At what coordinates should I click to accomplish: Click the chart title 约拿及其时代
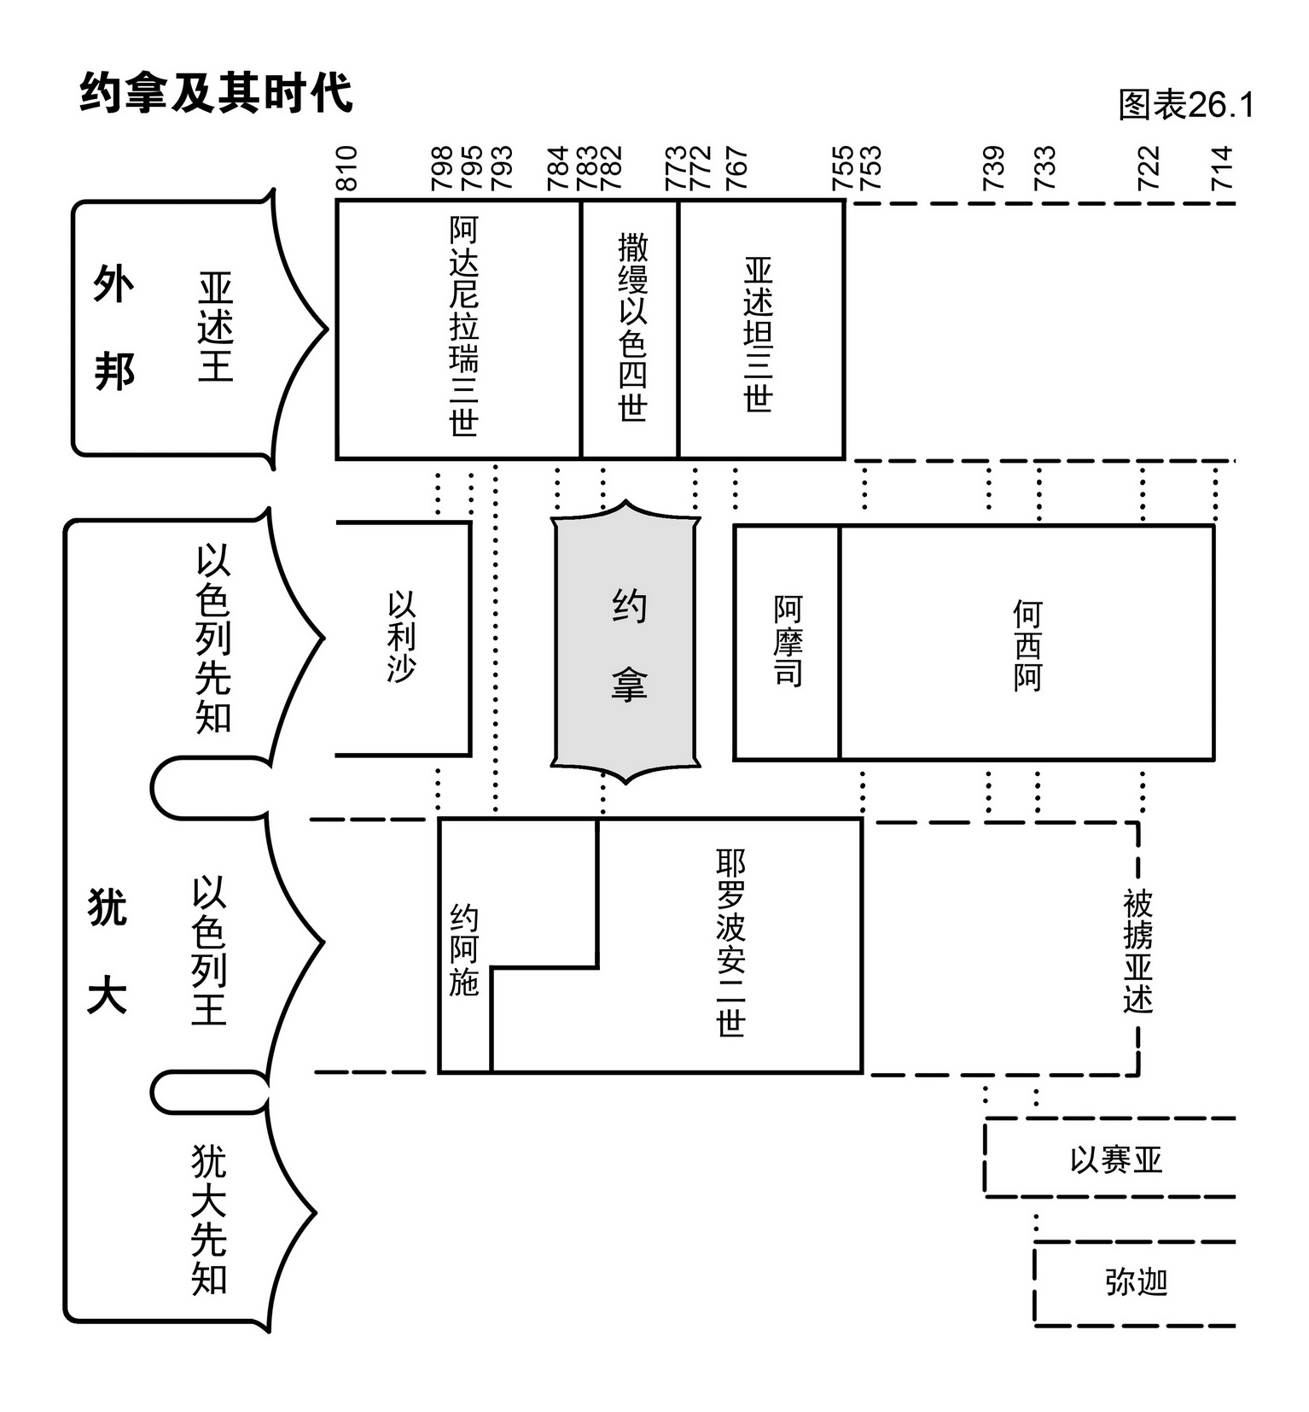point(215,92)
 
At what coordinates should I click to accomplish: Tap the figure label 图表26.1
point(1185,105)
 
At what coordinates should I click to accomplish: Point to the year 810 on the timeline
point(346,168)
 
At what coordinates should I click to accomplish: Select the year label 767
point(736,168)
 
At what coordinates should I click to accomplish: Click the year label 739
point(993,168)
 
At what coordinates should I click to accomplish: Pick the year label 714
point(1222,168)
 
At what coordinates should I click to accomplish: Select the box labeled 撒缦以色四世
point(631,329)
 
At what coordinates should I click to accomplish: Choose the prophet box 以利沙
point(402,639)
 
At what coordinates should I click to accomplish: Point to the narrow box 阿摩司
point(787,642)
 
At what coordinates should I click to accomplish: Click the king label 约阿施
point(464,950)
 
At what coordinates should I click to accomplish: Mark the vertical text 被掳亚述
point(1137,950)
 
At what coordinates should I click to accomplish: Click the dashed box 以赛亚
point(1115,1159)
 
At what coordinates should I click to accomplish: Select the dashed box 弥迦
point(1135,1282)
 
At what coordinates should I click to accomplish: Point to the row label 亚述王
point(215,327)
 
